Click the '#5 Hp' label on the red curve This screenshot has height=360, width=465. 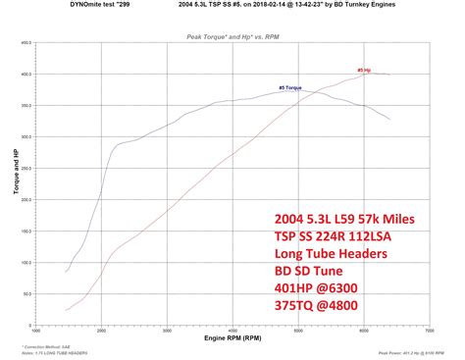363,71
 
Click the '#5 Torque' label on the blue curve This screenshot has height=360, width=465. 291,88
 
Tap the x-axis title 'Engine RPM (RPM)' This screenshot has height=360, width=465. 232,336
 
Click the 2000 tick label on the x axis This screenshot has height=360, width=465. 101,330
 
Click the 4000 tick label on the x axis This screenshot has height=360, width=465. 232,330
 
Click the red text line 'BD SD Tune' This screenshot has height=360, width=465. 308,270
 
